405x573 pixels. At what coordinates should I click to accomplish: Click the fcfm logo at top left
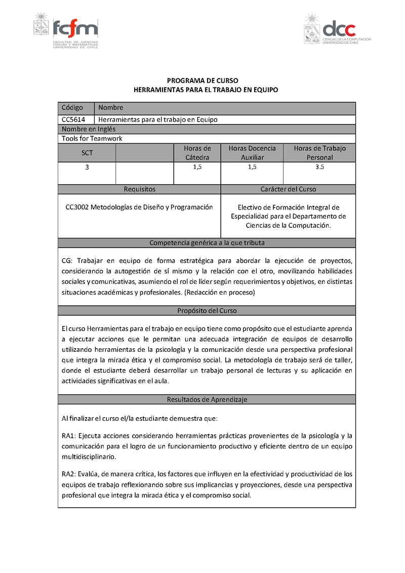(x=66, y=32)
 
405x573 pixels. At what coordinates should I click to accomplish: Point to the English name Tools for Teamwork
(x=92, y=138)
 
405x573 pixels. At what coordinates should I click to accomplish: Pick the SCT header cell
(x=87, y=152)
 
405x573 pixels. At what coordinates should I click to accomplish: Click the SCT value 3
(x=87, y=167)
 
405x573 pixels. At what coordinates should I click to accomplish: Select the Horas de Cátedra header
(x=197, y=152)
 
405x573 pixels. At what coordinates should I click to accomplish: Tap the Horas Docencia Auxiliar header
(x=252, y=152)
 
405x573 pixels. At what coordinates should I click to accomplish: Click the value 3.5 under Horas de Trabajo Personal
(x=319, y=167)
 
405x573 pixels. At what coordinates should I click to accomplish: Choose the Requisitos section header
(x=139, y=189)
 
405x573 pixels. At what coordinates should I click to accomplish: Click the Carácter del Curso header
(x=288, y=189)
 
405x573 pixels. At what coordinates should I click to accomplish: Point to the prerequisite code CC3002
(x=77, y=207)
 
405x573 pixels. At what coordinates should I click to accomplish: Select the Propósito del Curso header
(x=207, y=311)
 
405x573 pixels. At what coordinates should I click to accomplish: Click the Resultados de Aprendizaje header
(x=207, y=399)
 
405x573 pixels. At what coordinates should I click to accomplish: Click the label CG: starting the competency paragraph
(x=67, y=260)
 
